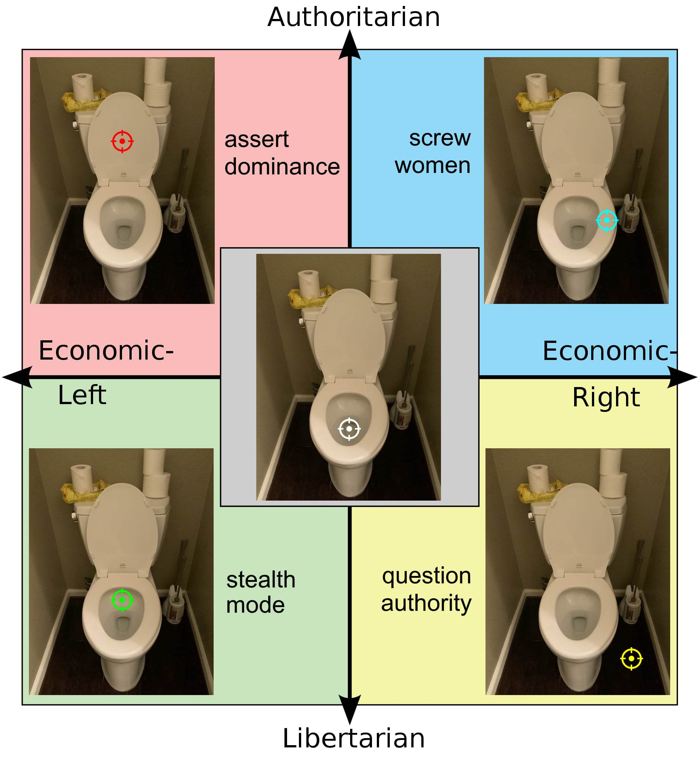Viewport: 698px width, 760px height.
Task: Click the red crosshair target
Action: (122, 141)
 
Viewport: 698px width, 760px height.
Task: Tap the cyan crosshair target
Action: (607, 220)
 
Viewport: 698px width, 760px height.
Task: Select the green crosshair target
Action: (122, 600)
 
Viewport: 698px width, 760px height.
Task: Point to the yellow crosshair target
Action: (631, 659)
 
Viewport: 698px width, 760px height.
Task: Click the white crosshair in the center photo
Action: (349, 429)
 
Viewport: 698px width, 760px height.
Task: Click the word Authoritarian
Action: (353, 17)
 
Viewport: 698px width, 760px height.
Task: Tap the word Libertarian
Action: (353, 738)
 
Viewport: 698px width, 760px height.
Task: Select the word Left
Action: (82, 395)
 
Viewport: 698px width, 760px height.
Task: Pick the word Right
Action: (606, 397)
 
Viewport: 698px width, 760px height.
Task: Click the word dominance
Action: (282, 167)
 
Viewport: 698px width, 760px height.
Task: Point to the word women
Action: (432, 166)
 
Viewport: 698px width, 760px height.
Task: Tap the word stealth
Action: (261, 580)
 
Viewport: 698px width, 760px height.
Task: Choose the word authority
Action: (426, 603)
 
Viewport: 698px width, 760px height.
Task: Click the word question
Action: (427, 577)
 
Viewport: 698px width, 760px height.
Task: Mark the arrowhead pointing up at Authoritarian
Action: (350, 45)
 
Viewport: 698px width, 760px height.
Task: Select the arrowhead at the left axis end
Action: (17, 377)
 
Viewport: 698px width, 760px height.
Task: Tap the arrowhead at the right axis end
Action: (682, 377)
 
